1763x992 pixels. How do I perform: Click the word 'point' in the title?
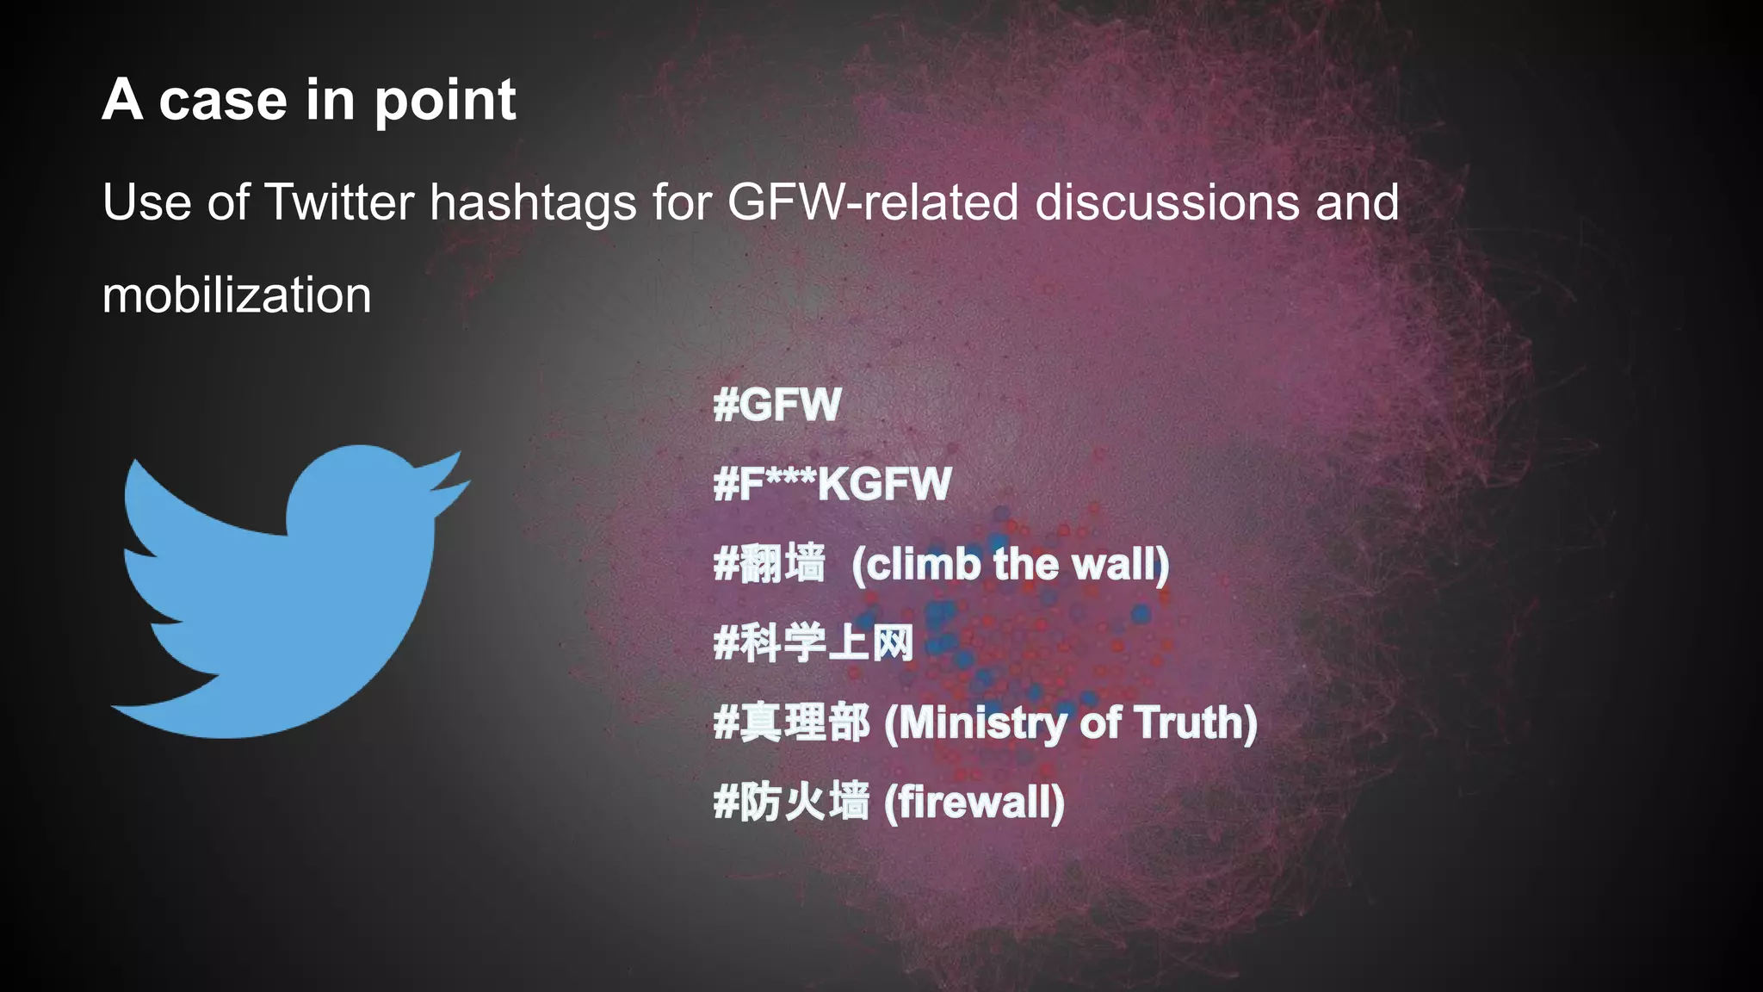444,102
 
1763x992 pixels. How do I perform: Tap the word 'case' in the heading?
222,100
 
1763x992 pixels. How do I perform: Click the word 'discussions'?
1166,202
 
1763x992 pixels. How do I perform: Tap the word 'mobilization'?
237,295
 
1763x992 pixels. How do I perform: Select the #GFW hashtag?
777,405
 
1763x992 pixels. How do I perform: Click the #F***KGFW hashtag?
832,484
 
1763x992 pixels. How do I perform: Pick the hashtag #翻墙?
770,565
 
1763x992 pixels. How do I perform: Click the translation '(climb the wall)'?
1011,565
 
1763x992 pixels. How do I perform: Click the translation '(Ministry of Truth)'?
1071,723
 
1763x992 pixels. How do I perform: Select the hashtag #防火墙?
792,803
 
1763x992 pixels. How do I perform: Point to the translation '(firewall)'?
974,803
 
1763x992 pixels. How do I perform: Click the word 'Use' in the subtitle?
146,202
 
